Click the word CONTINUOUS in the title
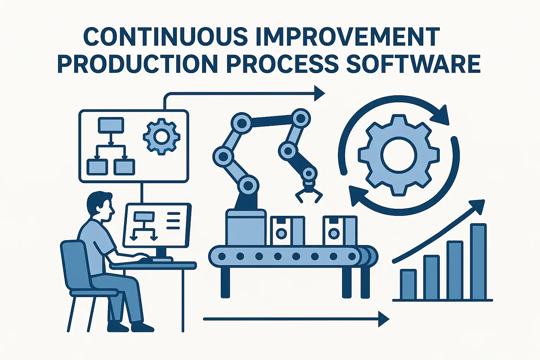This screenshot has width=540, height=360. click(x=166, y=37)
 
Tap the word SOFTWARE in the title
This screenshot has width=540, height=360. click(x=413, y=64)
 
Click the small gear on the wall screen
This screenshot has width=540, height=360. click(x=161, y=136)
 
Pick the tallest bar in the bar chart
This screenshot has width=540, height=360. click(x=478, y=261)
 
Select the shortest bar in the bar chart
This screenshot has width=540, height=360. click(x=409, y=284)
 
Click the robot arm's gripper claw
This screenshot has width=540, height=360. click(x=309, y=193)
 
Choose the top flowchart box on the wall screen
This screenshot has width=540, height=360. click(x=111, y=125)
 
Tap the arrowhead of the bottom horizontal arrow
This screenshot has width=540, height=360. click(x=384, y=319)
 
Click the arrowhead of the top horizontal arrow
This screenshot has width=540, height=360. click(x=320, y=93)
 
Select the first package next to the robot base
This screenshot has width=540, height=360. click(x=287, y=231)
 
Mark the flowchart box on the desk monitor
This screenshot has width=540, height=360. click(x=144, y=216)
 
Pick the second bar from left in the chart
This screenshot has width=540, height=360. click(x=431, y=277)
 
